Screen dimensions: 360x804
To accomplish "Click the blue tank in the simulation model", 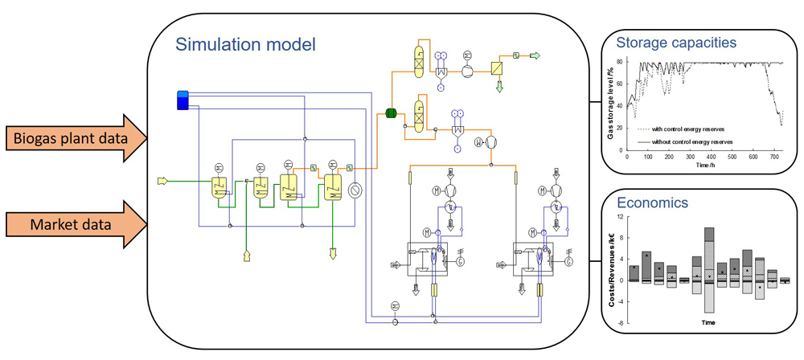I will pyautogui.click(x=183, y=100).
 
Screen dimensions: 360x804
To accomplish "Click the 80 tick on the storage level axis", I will pyautogui.click(x=620, y=62).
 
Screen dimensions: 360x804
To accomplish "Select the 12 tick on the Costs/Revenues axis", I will pyautogui.click(x=620, y=217).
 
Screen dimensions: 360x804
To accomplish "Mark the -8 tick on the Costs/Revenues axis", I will pyautogui.click(x=620, y=322).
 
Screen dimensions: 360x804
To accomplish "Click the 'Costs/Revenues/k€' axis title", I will pyautogui.click(x=611, y=269).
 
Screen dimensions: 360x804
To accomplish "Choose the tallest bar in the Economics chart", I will pyautogui.click(x=708, y=270).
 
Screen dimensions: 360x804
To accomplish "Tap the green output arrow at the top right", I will pyautogui.click(x=535, y=55).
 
